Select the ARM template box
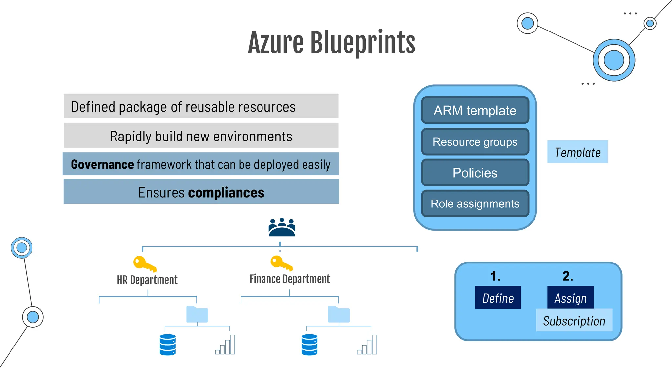pos(475,110)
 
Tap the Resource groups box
pos(475,142)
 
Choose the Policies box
pos(475,173)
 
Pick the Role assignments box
pos(475,204)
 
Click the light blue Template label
pos(577,152)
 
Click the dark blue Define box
pos(497,298)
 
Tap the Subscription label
pos(574,321)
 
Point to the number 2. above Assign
pos(567,276)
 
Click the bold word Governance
pos(102,164)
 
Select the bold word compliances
pos(226,192)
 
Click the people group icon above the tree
pos(282,227)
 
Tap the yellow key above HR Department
pos(144,264)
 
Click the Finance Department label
pos(289,279)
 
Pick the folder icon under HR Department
pos(197,314)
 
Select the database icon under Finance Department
pos(309,345)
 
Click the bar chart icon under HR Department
pos(225,345)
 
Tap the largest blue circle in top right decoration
pos(614,60)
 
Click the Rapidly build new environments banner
pos(201,136)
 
